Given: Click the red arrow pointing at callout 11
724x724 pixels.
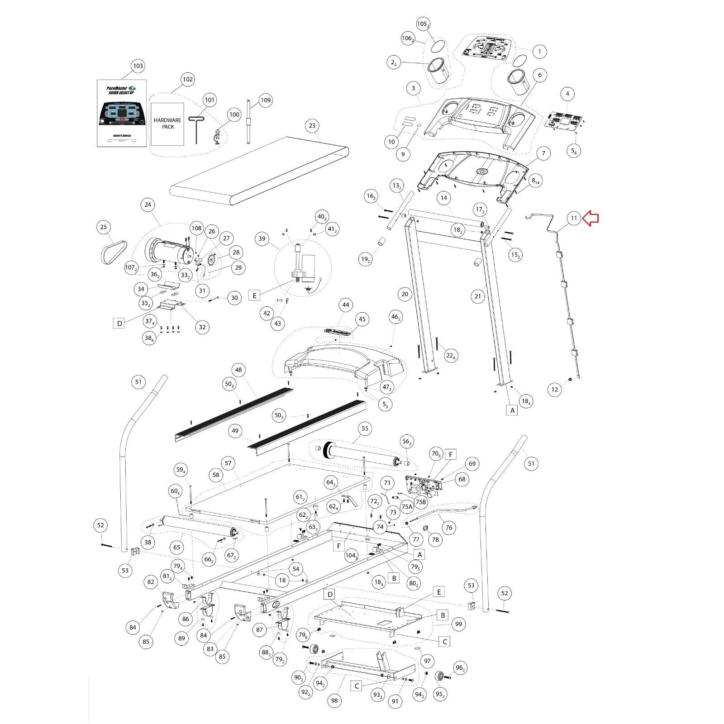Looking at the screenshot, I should tap(591, 219).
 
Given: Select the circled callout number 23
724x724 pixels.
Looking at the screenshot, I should tap(312, 126).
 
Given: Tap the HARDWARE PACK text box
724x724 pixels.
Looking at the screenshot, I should tap(167, 124).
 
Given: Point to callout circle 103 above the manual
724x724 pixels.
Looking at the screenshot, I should tap(138, 66).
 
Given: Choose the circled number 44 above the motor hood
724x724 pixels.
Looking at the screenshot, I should tap(346, 305).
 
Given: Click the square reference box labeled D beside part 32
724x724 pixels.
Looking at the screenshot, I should tap(119, 323).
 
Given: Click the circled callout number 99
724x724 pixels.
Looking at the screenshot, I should tap(458, 624).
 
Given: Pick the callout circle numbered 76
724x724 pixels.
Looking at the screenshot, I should tap(448, 527).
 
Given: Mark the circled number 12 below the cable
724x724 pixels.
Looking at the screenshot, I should tap(554, 389).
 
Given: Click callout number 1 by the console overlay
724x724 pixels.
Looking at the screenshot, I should tap(539, 52).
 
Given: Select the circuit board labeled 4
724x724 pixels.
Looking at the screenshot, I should tap(563, 119).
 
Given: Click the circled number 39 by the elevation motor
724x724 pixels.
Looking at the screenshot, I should tap(262, 239).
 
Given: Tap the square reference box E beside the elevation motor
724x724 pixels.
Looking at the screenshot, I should tap(255, 296).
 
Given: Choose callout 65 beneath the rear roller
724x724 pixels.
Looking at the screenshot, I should tap(176, 547).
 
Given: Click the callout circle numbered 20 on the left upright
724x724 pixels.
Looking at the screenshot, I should tap(405, 294).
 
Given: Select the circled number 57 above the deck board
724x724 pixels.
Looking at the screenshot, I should tap(228, 463).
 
